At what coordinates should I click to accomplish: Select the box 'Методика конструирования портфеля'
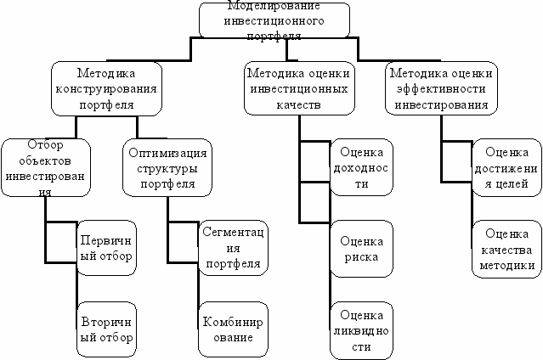point(106,88)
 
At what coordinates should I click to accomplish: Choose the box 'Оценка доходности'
point(361,168)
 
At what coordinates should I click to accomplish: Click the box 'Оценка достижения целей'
point(506,168)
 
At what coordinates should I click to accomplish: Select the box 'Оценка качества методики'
point(506,249)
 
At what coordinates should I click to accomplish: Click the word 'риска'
point(361,256)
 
